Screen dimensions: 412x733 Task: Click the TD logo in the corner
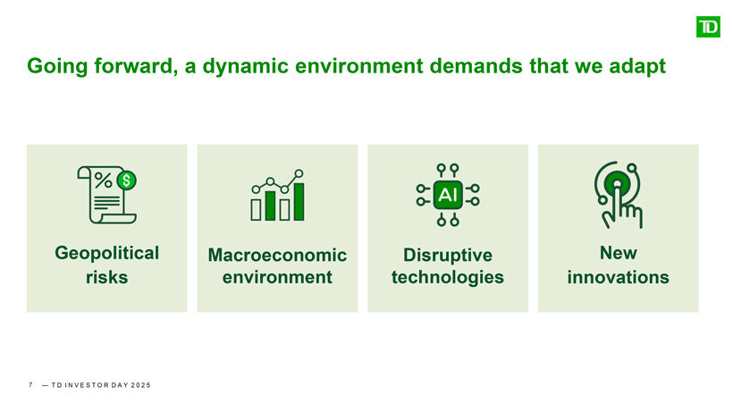click(x=707, y=26)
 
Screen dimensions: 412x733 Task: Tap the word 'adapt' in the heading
click(x=636, y=66)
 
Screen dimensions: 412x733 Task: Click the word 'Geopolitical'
click(x=107, y=252)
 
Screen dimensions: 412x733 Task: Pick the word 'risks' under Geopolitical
click(x=107, y=277)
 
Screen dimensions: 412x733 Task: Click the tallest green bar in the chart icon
click(x=299, y=201)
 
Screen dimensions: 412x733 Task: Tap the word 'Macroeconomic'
click(x=277, y=256)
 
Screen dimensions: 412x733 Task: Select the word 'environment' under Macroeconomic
click(x=277, y=277)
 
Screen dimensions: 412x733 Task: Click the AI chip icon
click(x=447, y=194)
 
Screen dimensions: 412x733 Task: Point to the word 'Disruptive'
click(x=448, y=256)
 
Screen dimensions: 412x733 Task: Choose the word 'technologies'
click(x=448, y=277)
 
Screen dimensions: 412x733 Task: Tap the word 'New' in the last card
click(x=618, y=252)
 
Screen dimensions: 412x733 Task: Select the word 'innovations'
click(x=618, y=277)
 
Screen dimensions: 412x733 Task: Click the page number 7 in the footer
click(x=31, y=385)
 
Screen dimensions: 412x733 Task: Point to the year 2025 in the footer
click(x=138, y=385)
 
